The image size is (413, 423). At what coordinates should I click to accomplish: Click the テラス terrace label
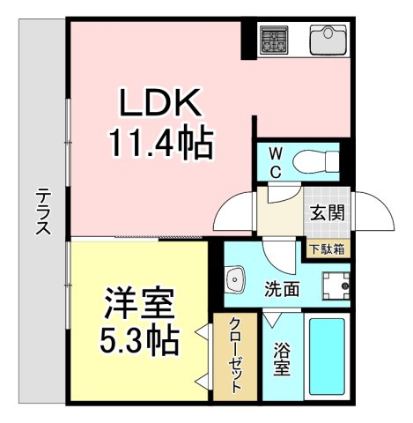(41, 211)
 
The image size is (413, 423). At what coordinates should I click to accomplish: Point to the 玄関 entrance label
(327, 213)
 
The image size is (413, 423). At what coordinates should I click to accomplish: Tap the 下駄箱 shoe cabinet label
(327, 249)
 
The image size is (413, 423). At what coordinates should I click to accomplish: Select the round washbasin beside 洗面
(236, 281)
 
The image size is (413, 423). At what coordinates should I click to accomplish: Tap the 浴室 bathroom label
(283, 358)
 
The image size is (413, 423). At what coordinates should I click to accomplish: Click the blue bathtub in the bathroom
(328, 359)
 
